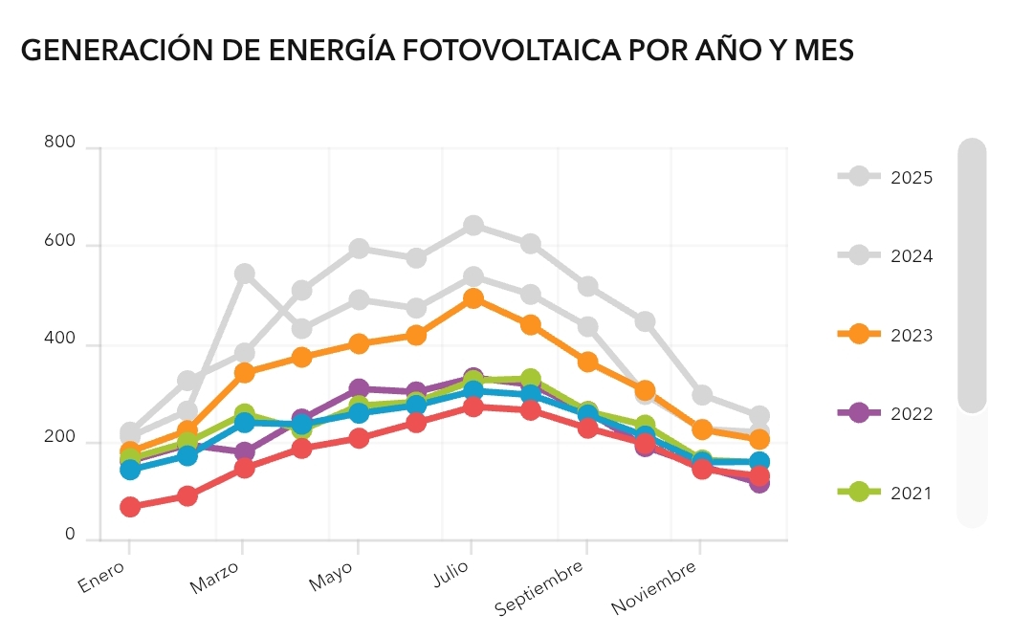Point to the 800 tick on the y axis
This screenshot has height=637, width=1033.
pos(59,143)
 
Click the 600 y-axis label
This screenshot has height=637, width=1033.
pos(59,242)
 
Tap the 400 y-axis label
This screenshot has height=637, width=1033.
pos(59,340)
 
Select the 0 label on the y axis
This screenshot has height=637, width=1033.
pos(70,535)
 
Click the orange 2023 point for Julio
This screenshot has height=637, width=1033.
pos(473,298)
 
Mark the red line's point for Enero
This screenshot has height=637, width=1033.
pos(129,506)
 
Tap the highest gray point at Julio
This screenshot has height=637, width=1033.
pos(473,226)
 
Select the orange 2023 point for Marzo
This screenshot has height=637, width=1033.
pos(244,372)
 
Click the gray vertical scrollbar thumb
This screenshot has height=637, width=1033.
pos(972,275)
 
